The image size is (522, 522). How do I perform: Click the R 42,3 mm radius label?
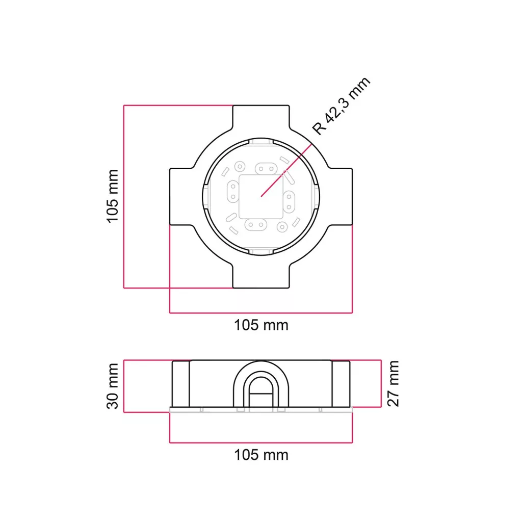pyautogui.click(x=341, y=106)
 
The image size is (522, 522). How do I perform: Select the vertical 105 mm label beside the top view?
pyautogui.click(x=113, y=196)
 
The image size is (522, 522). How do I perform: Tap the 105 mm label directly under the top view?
pyautogui.click(x=261, y=325)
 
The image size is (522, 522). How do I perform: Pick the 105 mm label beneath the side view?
pyautogui.click(x=261, y=455)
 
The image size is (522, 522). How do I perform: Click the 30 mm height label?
pyautogui.click(x=113, y=386)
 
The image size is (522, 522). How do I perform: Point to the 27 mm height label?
pyautogui.click(x=393, y=383)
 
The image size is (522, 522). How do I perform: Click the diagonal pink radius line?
pyautogui.click(x=286, y=170)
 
